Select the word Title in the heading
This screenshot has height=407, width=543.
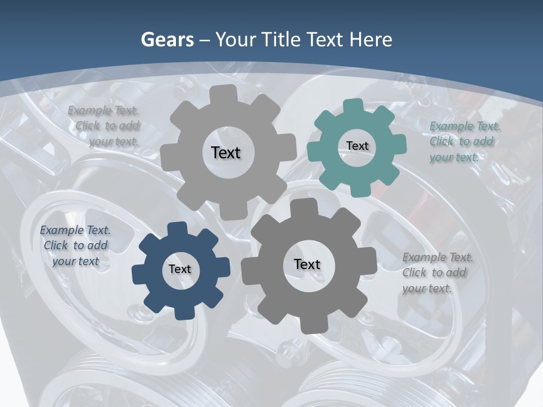click(x=283, y=40)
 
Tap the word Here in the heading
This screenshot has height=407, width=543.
click(x=370, y=40)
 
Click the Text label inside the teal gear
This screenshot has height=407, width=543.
click(x=357, y=146)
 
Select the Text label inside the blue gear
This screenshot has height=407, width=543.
click(x=180, y=269)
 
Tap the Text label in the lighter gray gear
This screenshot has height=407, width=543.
click(x=226, y=153)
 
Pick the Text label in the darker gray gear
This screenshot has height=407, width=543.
click(x=307, y=264)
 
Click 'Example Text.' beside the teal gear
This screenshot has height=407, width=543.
click(x=465, y=126)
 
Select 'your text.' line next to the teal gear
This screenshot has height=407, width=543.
click(x=454, y=158)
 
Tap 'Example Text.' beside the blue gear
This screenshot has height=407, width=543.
click(x=75, y=230)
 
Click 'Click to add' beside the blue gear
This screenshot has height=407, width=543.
click(x=76, y=245)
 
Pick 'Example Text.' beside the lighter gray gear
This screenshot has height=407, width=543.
click(x=103, y=110)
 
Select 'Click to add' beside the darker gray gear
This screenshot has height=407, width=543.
click(x=434, y=272)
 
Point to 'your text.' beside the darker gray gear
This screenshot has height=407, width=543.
click(x=427, y=288)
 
